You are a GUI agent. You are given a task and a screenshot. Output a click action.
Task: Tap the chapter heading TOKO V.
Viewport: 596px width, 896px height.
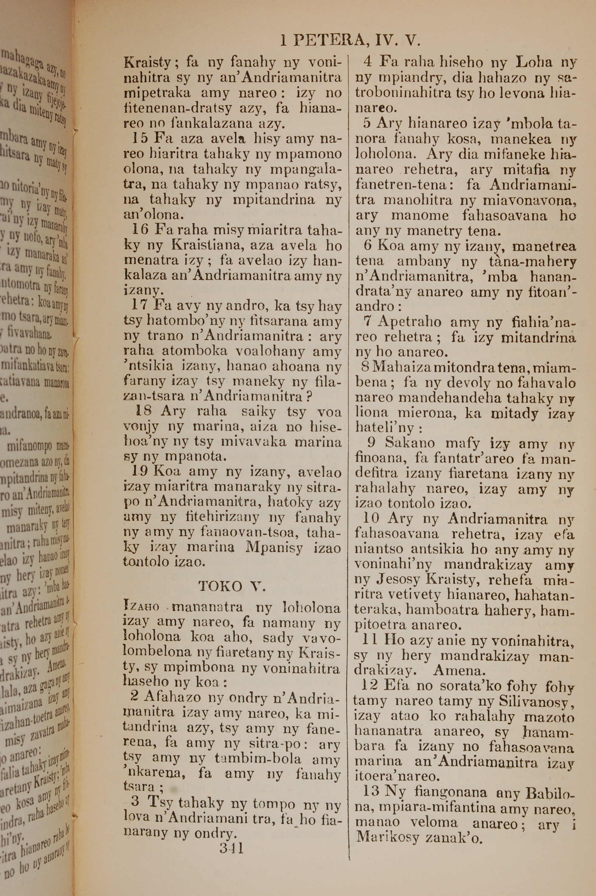232,587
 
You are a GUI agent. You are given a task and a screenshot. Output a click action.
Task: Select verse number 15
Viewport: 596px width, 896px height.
139,139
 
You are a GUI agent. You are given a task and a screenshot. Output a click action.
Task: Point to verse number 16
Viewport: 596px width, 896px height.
139,230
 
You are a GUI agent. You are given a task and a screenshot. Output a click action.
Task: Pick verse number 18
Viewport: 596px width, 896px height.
144,411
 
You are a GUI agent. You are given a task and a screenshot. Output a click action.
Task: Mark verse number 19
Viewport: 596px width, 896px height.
140,472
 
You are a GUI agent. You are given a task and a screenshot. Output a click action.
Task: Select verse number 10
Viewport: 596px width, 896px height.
371,519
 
